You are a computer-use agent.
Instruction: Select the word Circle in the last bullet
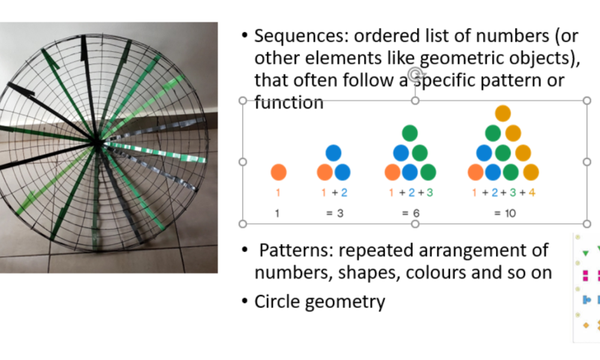[277, 301]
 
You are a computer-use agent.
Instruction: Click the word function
[289, 103]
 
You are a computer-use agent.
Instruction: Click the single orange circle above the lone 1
[278, 172]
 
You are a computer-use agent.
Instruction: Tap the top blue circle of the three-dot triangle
[333, 152]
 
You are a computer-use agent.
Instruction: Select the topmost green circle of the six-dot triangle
[410, 133]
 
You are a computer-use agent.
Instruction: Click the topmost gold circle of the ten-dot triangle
[503, 113]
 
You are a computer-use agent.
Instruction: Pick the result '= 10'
[505, 213]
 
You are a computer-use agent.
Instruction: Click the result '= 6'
[411, 213]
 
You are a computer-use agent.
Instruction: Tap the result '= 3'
[335, 213]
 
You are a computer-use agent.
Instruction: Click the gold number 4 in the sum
[532, 193]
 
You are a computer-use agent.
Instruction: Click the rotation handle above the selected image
[415, 73]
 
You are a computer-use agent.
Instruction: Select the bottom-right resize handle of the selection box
[587, 224]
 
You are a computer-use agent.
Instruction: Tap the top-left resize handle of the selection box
[242, 101]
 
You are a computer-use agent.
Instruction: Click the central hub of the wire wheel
[97, 142]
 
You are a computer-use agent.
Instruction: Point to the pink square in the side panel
[585, 275]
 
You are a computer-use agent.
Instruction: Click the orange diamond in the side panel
[586, 325]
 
